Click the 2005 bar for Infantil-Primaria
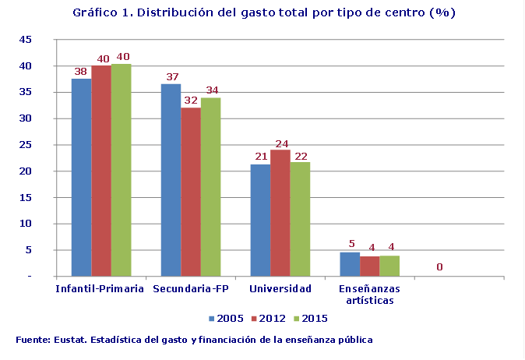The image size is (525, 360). (81, 177)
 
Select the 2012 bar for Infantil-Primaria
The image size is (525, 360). (101, 171)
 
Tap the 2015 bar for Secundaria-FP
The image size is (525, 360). (210, 187)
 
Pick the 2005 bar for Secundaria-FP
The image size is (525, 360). (171, 180)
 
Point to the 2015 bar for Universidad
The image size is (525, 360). (300, 219)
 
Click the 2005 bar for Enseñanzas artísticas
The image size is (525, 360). (350, 264)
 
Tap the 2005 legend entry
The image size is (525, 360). (227, 318)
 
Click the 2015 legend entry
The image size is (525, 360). (309, 318)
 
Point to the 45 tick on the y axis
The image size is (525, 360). (25, 40)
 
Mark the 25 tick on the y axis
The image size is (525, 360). (25, 145)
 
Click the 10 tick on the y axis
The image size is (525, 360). (25, 224)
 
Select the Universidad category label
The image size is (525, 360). (280, 289)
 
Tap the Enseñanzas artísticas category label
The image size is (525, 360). (369, 295)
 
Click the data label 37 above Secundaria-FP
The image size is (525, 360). (171, 77)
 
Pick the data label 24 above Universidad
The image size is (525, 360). (280, 143)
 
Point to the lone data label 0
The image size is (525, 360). (440, 267)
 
